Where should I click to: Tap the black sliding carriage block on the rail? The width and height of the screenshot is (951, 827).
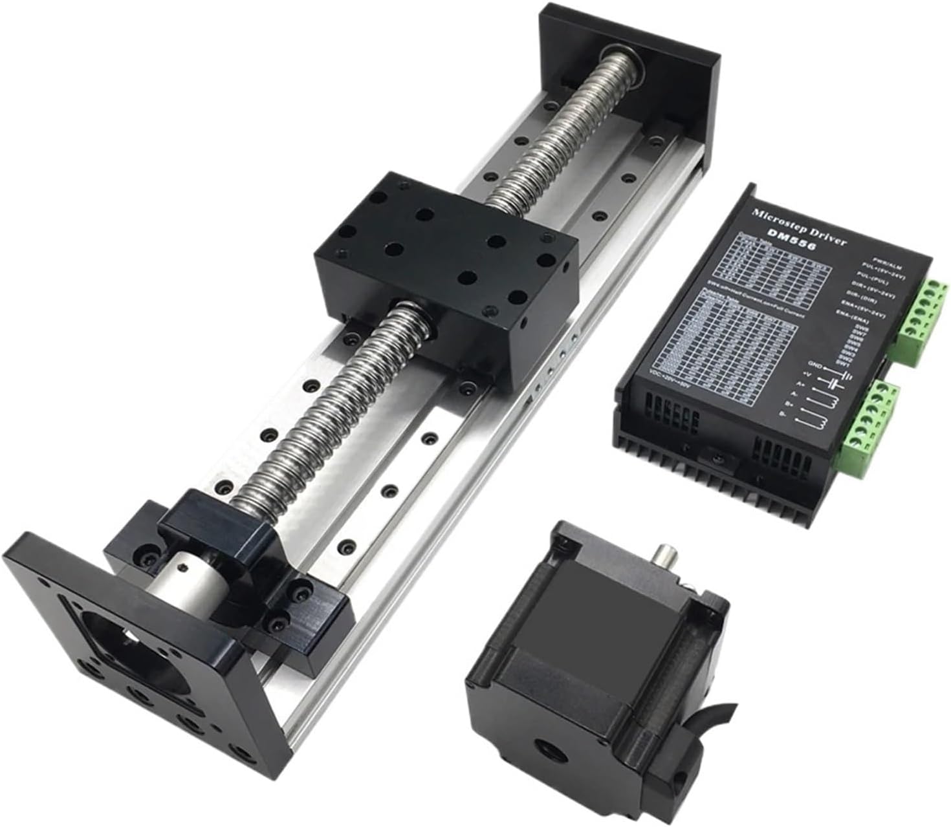[x=446, y=259]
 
